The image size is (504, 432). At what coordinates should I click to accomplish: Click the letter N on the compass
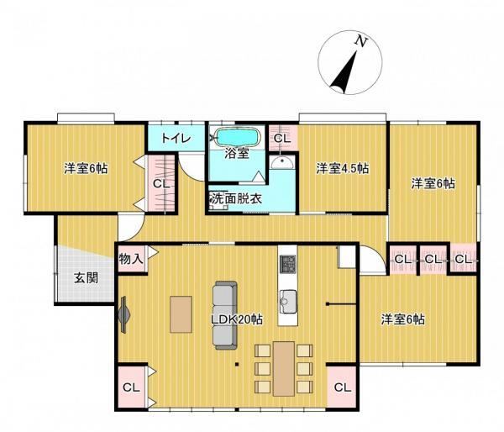pos(361,42)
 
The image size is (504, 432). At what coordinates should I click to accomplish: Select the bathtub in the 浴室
pos(238,137)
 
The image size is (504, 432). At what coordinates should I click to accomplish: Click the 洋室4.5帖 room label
pos(343,168)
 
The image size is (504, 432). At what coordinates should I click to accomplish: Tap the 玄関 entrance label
pos(87,277)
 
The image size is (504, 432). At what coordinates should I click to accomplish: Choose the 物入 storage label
pos(131,258)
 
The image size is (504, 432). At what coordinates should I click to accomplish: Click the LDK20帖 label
pos(237,319)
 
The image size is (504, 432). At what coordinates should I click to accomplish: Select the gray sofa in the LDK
pos(225,315)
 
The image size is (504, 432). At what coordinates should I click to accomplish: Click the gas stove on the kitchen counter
pos(287,264)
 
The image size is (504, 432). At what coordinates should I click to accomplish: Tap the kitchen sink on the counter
pos(288,302)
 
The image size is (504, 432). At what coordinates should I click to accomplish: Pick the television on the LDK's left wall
pos(124,314)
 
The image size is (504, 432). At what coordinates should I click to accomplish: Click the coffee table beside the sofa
pos(181,314)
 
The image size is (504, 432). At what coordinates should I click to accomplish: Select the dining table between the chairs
pos(284,369)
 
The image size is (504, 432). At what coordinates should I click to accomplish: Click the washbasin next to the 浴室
pos(281,162)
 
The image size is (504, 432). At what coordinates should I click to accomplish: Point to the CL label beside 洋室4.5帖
pos(282,139)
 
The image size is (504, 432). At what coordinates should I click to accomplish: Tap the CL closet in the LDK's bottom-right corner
pos(343,387)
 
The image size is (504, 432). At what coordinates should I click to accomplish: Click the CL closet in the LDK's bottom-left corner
pos(132,387)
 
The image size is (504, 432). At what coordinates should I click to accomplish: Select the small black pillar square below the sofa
pos(237,365)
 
